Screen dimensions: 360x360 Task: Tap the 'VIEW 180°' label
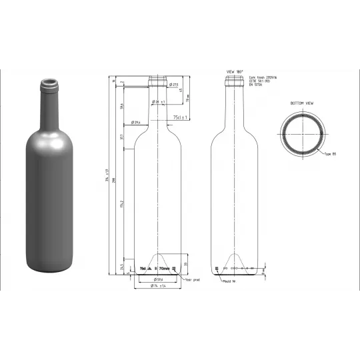pos(235,71)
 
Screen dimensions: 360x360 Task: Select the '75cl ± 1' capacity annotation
pos(181,117)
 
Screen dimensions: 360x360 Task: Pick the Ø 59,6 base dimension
pos(159,279)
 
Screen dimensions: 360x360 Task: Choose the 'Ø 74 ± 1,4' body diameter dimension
pos(159,286)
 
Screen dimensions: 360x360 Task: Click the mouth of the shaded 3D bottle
pos(49,83)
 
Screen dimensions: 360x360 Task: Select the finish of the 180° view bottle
pos(235,81)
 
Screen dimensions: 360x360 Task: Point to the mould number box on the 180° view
pos(217,268)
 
